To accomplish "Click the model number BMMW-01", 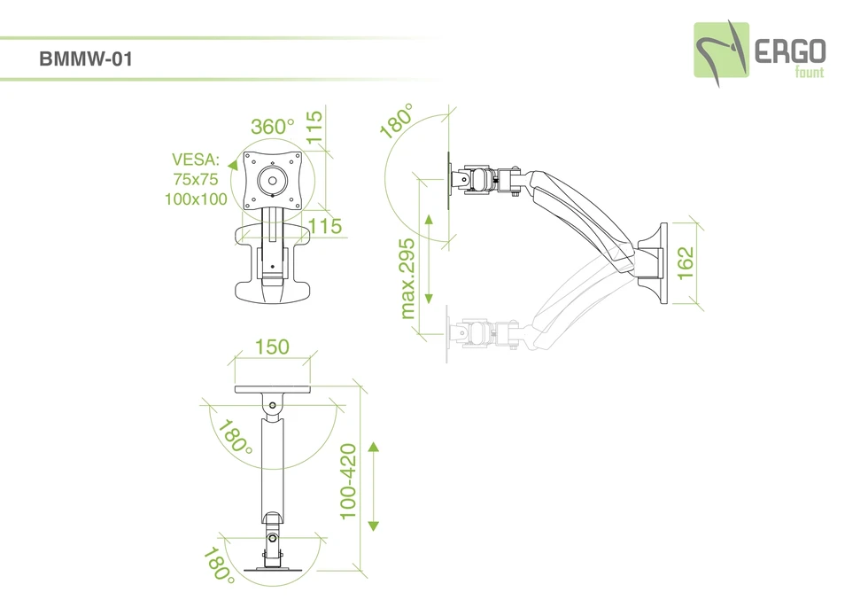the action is click(86, 58).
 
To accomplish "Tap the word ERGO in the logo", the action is click(790, 51).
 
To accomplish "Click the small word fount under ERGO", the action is click(810, 72).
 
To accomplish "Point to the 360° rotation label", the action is click(273, 126).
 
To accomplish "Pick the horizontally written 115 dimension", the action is click(325, 226).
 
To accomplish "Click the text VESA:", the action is click(196, 160).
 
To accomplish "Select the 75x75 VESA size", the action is click(196, 179).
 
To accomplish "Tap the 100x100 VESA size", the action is click(196, 199).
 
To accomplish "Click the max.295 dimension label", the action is click(407, 278).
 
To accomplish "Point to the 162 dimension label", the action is click(686, 263).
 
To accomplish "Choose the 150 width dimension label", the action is click(272, 347).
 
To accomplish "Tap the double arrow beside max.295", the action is click(429, 259).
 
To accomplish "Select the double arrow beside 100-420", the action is click(373, 487).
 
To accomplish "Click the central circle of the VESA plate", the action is click(272, 181).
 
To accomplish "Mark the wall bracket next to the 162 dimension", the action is click(654, 263).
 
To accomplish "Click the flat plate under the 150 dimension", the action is click(273, 389).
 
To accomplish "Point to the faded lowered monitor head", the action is click(482, 333).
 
